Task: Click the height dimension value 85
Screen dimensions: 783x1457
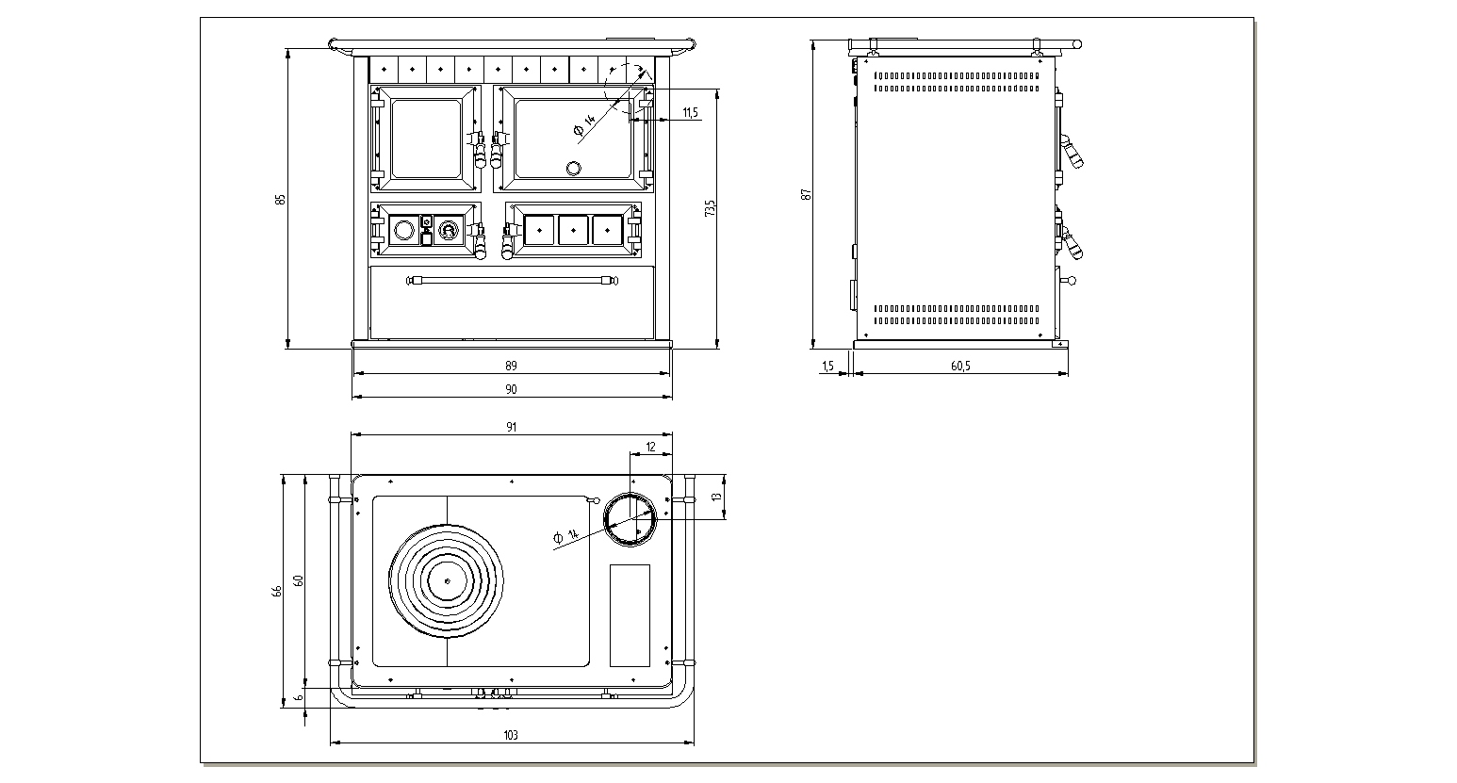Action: [x=280, y=200]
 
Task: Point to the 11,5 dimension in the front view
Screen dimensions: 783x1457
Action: [x=690, y=113]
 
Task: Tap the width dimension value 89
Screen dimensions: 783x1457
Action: [x=511, y=366]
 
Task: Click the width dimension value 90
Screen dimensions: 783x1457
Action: [x=511, y=389]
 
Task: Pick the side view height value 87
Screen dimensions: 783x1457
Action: [x=806, y=194]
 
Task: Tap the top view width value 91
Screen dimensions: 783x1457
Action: [x=511, y=427]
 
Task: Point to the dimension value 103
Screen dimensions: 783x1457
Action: [x=511, y=735]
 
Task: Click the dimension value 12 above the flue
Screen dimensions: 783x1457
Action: [x=650, y=447]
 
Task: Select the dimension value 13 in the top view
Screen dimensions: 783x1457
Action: [x=716, y=496]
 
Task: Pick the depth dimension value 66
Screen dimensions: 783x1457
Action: [x=277, y=591]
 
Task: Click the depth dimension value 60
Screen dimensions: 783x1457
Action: [x=298, y=580]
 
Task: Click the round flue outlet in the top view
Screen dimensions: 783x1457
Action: [x=630, y=518]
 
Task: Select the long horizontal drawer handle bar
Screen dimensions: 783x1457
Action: [x=511, y=280]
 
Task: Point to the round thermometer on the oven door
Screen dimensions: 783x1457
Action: [x=573, y=169]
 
